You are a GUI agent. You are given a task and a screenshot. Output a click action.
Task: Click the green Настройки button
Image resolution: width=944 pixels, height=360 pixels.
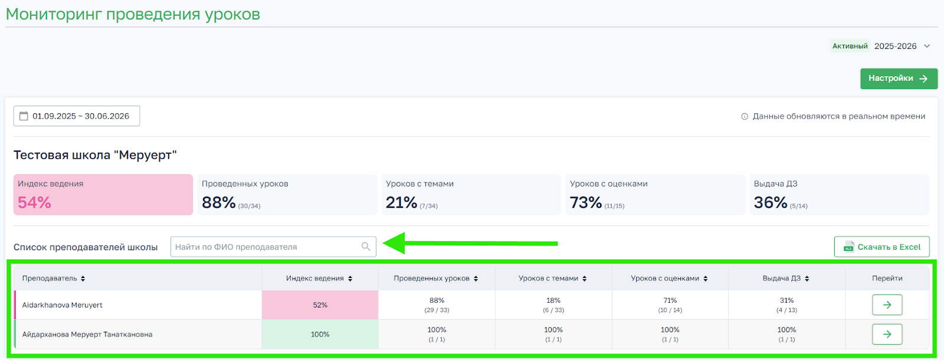pos(898,78)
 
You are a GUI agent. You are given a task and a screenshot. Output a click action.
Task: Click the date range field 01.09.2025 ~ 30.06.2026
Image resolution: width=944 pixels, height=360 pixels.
pos(77,116)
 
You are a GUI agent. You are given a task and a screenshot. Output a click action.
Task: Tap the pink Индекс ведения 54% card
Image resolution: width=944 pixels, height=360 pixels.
pos(103,195)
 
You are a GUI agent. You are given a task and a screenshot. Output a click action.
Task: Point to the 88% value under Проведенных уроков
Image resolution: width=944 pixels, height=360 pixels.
pos(219,202)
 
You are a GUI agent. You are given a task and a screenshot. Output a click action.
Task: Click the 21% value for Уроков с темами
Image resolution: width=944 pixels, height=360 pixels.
pos(402,202)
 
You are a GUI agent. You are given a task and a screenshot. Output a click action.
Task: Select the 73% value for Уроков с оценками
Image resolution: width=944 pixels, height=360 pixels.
pos(586,202)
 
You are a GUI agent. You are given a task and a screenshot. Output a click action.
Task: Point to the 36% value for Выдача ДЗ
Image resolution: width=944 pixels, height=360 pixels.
pos(771,202)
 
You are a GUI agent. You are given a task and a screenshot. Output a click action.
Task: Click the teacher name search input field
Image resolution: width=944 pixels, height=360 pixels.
pos(265,247)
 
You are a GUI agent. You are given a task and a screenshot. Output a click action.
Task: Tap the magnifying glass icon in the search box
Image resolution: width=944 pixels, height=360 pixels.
pos(366,247)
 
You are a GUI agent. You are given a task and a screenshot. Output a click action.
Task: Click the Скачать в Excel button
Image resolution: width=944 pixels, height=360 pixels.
pos(881,247)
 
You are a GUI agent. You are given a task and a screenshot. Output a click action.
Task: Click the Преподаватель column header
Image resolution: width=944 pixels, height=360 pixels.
pos(50,279)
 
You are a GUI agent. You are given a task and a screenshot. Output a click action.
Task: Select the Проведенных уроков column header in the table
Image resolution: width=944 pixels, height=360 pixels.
pos(432,279)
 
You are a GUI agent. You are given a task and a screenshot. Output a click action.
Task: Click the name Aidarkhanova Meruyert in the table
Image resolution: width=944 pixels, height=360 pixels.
pos(63,305)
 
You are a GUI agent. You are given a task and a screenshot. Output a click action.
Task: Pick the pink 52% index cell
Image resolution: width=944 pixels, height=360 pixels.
pos(320,305)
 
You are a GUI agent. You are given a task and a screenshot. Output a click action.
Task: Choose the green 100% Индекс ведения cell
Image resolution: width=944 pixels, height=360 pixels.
pos(320,335)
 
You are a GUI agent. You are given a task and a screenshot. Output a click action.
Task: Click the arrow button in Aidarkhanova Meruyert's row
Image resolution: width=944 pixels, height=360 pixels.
pos(887,305)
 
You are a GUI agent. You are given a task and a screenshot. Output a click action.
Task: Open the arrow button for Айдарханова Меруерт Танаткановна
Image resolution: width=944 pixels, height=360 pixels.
pos(887,335)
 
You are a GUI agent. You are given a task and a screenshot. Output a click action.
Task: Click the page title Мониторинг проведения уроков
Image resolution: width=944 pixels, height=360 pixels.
pos(133,15)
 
